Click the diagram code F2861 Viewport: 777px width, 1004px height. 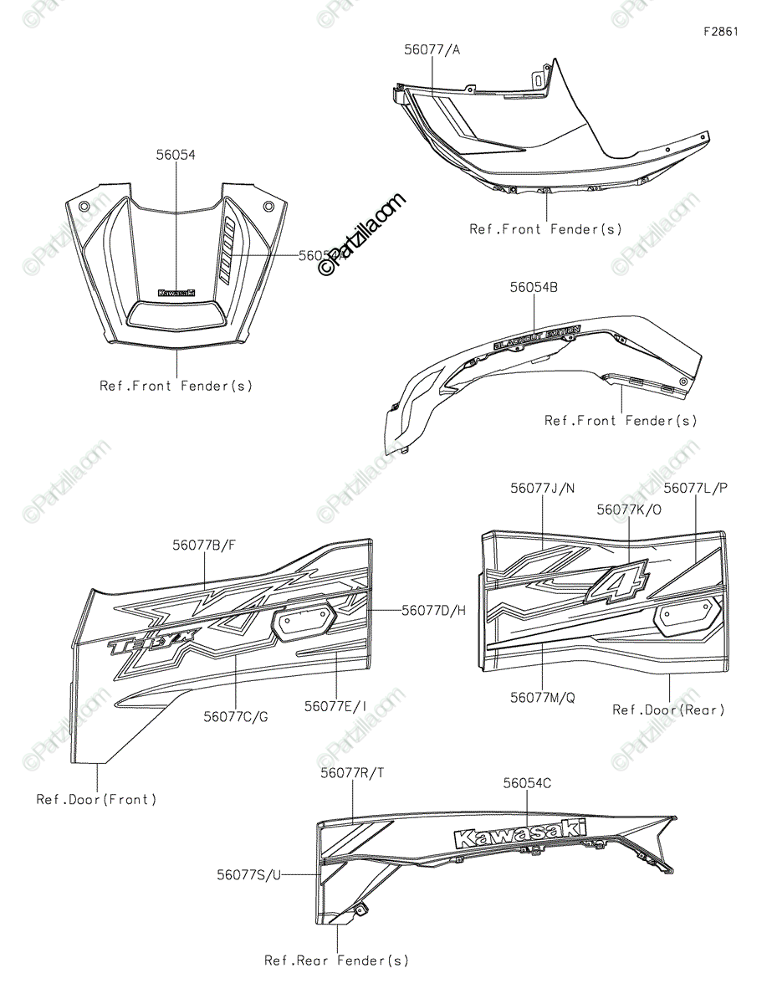(720, 32)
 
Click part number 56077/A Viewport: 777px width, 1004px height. (432, 50)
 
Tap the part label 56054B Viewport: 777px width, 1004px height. (534, 287)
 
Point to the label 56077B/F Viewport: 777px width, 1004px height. (204, 545)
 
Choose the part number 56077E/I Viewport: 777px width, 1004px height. (335, 706)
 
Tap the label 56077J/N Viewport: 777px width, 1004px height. (542, 488)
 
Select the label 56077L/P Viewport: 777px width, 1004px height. (696, 488)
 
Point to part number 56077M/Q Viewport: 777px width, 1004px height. (542, 695)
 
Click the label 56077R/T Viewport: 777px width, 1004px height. (352, 773)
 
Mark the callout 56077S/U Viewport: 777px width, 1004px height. (249, 874)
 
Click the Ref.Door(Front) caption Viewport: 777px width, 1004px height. (96, 799)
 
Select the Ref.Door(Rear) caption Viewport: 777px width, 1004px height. (668, 709)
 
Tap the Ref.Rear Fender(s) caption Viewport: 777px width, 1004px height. (336, 960)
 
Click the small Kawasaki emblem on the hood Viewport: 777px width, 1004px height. (176, 293)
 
